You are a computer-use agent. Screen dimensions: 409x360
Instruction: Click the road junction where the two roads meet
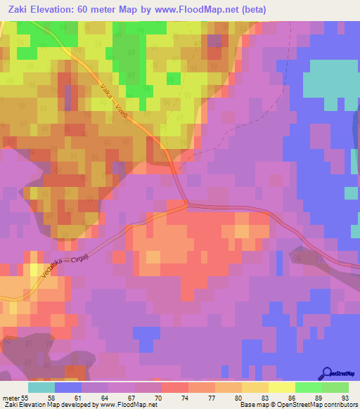point(186,204)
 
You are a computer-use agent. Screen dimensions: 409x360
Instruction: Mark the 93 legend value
point(344,398)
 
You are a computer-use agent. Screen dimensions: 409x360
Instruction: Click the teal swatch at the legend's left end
point(41,387)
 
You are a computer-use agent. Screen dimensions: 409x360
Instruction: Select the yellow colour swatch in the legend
point(282,387)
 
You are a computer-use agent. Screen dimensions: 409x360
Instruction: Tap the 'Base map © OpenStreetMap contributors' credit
point(297,405)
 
